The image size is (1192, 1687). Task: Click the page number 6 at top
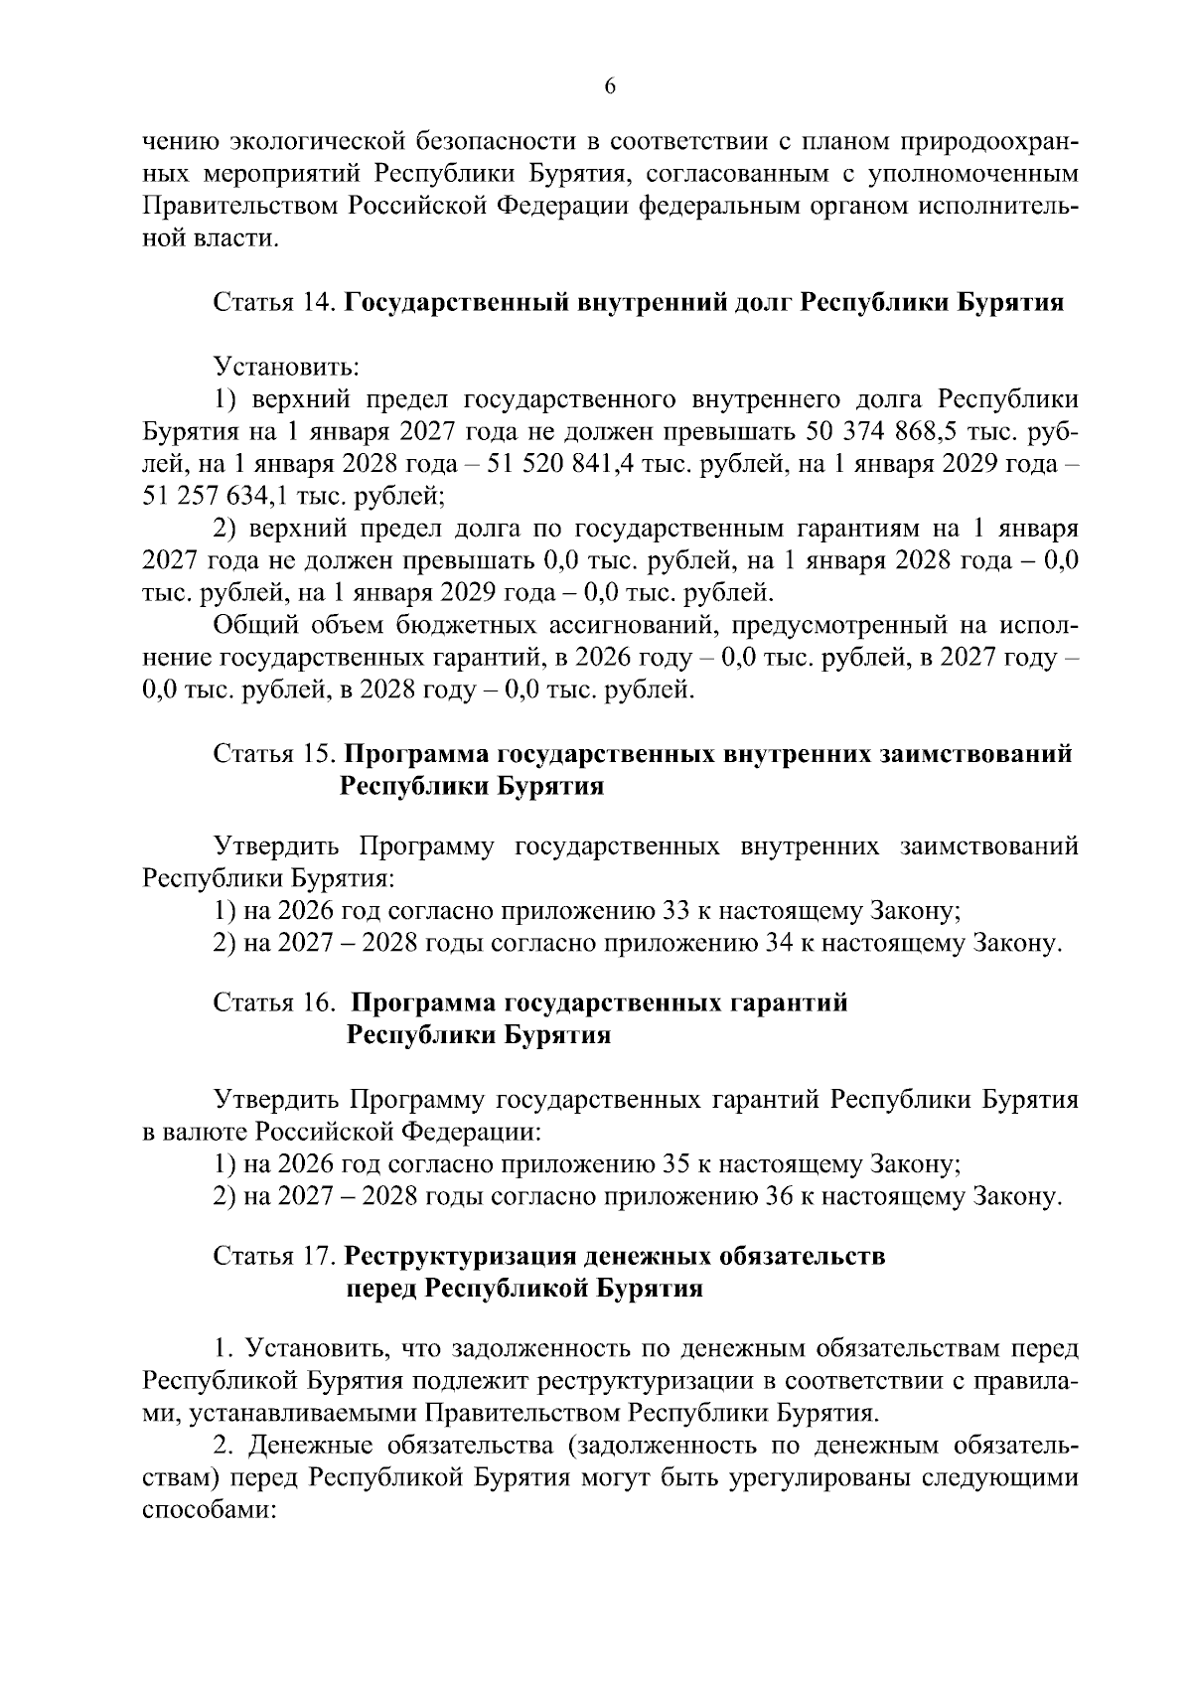coord(610,87)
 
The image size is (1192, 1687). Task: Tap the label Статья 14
coord(274,302)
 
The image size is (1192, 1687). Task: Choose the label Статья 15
coord(274,753)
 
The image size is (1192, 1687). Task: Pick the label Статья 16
coord(274,1002)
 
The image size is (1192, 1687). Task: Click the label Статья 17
coord(274,1256)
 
